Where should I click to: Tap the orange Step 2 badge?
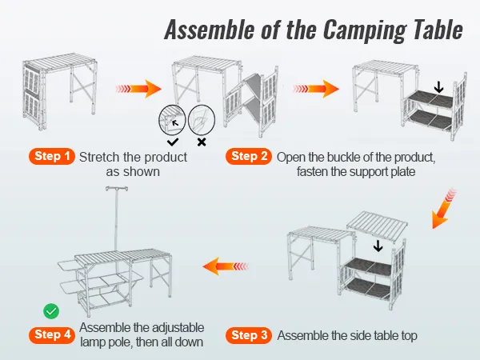tap(250, 157)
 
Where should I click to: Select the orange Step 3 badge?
tap(250, 335)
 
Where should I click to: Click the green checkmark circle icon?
tap(50, 310)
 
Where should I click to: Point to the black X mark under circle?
tap(202, 142)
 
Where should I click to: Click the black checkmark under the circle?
tap(173, 142)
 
